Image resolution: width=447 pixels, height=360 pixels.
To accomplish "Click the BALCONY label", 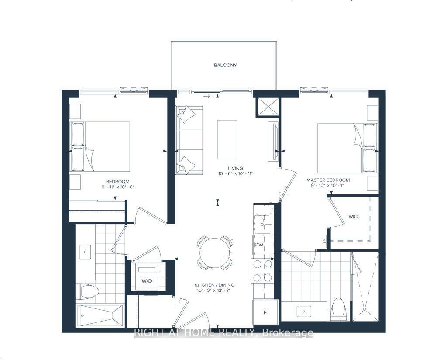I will pyautogui.click(x=225, y=65).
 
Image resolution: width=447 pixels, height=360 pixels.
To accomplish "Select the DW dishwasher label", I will pyautogui.click(x=259, y=245).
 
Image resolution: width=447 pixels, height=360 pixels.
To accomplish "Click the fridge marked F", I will pyautogui.click(x=265, y=312).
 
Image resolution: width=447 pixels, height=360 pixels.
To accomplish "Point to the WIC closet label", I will pyautogui.click(x=353, y=217).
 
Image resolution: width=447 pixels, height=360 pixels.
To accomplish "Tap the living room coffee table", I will pyautogui.click(x=227, y=140).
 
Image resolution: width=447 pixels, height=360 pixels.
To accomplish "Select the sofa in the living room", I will pyautogui.click(x=189, y=140).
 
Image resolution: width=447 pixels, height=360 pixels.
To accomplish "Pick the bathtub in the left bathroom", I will pyautogui.click(x=100, y=315).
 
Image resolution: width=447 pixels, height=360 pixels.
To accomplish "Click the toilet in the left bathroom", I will pyautogui.click(x=87, y=291).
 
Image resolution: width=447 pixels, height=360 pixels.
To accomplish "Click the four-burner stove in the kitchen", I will pyautogui.click(x=262, y=270).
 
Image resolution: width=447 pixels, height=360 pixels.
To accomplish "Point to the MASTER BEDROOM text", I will pyautogui.click(x=328, y=180).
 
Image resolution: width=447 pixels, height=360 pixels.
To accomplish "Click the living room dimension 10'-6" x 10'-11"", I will pyautogui.click(x=235, y=174).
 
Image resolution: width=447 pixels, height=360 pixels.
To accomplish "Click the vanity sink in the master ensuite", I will pyautogui.click(x=304, y=311).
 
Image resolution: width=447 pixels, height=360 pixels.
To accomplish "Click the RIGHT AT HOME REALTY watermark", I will pyautogui.click(x=223, y=333).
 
